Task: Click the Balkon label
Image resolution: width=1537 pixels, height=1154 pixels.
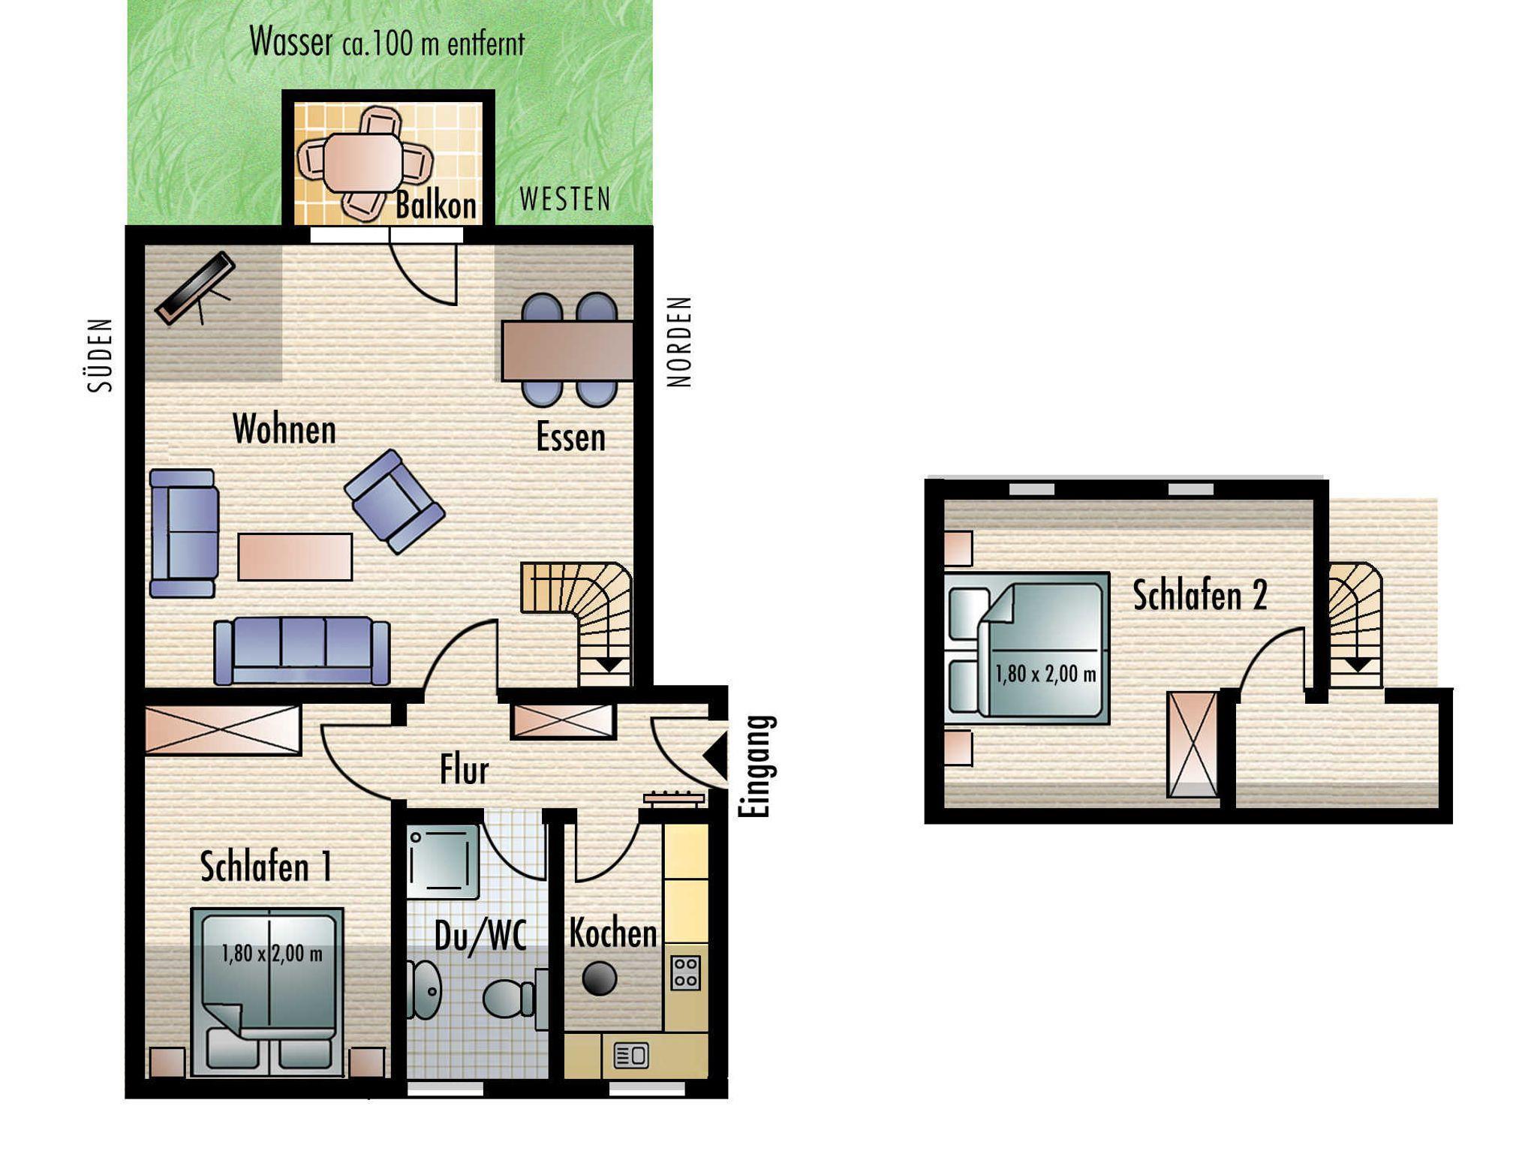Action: (436, 206)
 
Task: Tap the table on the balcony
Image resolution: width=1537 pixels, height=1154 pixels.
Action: (362, 163)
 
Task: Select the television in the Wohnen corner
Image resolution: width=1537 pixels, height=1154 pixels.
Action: (195, 287)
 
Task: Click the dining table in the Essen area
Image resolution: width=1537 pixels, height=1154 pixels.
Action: (567, 350)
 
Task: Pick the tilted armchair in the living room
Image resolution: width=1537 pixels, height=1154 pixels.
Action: (395, 501)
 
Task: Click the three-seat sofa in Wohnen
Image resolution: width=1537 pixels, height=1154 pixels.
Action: (302, 651)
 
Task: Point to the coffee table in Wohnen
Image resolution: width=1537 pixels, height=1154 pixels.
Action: (295, 556)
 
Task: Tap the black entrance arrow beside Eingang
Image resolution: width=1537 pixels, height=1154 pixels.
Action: (715, 756)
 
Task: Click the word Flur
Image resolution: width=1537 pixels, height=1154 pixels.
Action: (464, 770)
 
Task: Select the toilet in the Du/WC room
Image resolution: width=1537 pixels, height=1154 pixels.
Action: (509, 999)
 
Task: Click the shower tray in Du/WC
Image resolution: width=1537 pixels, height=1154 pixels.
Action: (443, 861)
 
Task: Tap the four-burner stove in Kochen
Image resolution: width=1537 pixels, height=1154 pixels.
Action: (684, 972)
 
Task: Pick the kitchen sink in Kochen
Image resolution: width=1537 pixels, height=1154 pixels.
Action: (632, 1056)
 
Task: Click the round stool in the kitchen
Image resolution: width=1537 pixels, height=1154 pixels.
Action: (600, 978)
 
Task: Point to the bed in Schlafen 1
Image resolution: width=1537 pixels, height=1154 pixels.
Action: (267, 992)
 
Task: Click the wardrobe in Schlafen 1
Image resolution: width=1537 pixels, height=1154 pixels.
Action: (223, 729)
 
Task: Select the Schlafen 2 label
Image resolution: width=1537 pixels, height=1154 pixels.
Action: (1199, 596)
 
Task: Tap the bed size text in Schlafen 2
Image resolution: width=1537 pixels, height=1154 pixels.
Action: (1045, 674)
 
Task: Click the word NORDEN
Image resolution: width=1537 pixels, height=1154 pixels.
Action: (679, 342)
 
